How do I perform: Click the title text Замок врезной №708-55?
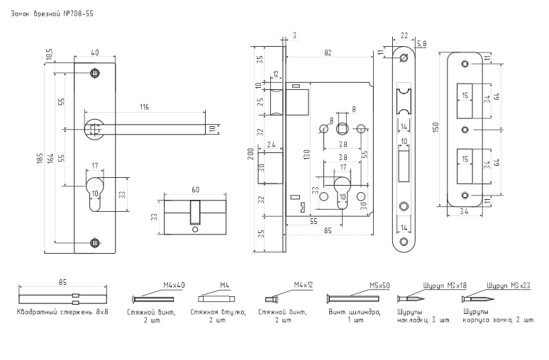(52, 14)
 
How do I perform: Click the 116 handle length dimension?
(144, 107)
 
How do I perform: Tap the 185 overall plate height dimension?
(40, 158)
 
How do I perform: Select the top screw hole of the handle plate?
(94, 73)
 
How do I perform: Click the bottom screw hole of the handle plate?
(94, 243)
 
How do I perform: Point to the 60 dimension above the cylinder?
(195, 190)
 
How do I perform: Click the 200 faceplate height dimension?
(250, 154)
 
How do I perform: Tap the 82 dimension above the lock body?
(328, 53)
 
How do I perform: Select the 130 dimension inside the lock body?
(306, 154)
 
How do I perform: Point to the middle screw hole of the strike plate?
(465, 130)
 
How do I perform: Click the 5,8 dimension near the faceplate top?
(422, 44)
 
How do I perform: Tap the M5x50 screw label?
(379, 286)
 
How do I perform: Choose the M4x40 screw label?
(174, 285)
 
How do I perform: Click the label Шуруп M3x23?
(509, 286)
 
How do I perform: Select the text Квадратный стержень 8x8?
(62, 312)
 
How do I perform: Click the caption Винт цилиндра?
(355, 312)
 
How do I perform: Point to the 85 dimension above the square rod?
(62, 282)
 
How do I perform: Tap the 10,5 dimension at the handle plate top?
(50, 55)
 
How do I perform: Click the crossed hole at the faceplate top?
(404, 57)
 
